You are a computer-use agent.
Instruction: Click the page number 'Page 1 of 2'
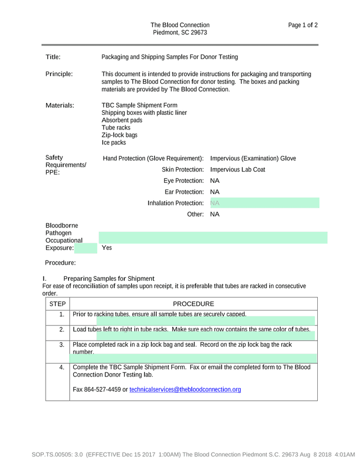click(303, 25)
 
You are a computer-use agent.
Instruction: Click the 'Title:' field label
click(53, 57)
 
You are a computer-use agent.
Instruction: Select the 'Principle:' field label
click(58, 74)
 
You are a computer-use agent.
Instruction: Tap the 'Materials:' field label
click(60, 105)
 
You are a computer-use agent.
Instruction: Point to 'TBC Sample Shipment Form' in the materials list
click(139, 105)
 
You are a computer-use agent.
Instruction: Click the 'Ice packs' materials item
click(114, 142)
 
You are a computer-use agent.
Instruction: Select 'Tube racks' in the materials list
click(116, 128)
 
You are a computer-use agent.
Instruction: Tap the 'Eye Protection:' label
click(183, 181)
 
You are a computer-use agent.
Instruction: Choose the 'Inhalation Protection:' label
click(175, 203)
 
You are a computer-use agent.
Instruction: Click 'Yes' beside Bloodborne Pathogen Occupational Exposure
click(107, 248)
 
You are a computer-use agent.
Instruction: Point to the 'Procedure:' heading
click(60, 263)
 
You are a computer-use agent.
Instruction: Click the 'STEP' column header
click(57, 304)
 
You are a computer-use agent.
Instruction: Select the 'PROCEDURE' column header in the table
click(193, 304)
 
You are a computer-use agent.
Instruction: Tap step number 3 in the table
click(62, 344)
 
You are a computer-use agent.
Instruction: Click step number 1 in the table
click(62, 314)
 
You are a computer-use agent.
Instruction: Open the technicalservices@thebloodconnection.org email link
click(185, 389)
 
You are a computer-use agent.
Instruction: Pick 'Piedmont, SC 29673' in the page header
click(180, 33)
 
